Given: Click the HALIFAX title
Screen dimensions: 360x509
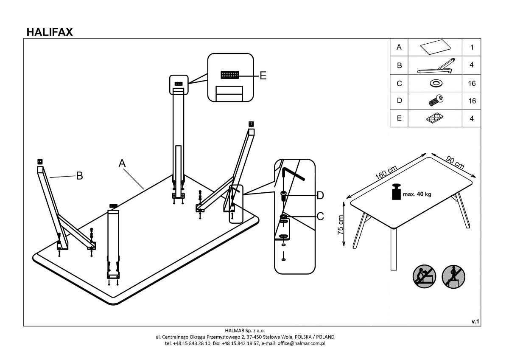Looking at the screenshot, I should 50,32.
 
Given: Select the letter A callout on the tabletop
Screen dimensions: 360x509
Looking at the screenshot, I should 123,163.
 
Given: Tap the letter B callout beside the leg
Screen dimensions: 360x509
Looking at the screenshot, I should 79,176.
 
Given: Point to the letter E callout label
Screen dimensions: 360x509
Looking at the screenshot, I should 263,76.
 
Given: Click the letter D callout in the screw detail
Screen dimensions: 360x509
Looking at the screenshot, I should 320,195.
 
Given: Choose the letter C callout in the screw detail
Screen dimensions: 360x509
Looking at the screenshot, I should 320,217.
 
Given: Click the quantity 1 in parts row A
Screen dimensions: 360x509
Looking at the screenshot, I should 472,48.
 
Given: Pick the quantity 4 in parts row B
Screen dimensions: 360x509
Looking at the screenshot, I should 472,65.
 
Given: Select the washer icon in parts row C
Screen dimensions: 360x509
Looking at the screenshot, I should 435,83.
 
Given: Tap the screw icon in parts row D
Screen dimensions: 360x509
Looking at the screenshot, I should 435,101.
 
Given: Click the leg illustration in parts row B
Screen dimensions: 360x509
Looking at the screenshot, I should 435,65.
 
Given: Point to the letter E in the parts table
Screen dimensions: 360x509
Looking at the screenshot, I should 399,118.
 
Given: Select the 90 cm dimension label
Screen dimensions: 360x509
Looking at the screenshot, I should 455,162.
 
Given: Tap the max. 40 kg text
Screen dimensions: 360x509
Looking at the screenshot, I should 417,194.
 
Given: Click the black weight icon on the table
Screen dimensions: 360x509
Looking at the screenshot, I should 397,192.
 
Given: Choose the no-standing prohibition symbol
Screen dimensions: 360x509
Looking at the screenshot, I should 453,277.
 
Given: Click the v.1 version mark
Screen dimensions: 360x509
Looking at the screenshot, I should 475,322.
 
